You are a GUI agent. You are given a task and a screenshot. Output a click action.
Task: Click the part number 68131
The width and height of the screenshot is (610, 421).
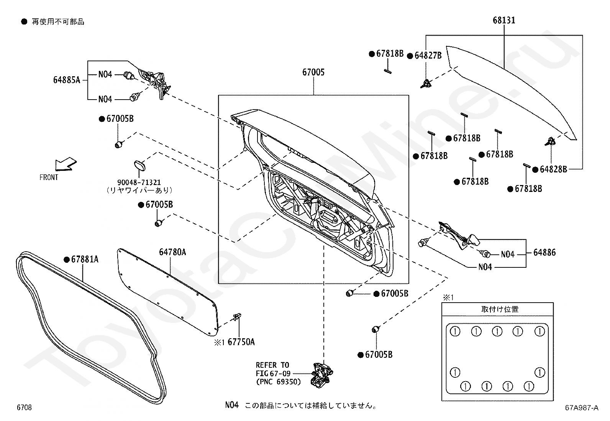pos(504,20)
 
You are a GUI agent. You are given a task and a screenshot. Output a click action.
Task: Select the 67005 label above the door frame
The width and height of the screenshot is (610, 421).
pos(313,72)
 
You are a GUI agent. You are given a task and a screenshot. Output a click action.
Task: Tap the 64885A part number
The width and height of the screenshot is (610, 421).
pos(67,80)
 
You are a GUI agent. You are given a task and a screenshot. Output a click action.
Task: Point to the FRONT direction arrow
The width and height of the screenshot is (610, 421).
pos(66,164)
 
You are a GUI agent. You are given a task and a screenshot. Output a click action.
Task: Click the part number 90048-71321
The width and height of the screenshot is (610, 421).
pos(139,182)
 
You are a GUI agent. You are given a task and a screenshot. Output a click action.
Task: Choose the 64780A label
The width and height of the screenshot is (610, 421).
pos(172,252)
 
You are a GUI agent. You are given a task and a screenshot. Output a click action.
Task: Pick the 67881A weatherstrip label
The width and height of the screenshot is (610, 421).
pos(85,259)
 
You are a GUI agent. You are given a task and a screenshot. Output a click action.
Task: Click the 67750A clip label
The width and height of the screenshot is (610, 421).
pos(241,342)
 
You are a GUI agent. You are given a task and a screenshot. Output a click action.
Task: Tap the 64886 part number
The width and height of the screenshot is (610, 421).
pos(544,252)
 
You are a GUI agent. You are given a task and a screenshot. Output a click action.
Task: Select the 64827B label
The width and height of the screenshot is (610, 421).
pos(428,56)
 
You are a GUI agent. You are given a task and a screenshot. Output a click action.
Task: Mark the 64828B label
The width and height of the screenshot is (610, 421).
pos(553,169)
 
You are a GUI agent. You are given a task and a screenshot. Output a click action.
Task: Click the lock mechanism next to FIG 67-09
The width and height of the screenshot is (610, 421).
pos(321,375)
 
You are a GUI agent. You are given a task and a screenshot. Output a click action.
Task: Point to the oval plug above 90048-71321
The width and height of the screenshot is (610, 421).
pos(140,165)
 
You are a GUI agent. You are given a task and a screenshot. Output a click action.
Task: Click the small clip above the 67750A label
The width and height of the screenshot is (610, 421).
pos(237,317)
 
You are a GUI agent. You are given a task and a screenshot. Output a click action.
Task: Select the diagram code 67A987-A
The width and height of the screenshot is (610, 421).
pos(582,408)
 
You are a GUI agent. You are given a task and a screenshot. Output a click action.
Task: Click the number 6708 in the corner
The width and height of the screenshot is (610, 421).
pos(24,407)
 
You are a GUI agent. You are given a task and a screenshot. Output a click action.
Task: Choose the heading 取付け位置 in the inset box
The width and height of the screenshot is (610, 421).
pos(500,309)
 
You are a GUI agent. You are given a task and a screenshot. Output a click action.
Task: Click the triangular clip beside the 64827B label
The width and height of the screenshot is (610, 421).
pos(426,84)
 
